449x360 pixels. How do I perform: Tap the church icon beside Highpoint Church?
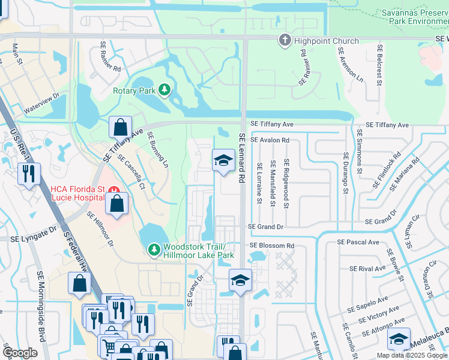pyautogui.click(x=285, y=41)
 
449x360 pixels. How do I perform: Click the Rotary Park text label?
pyautogui.click(x=134, y=91)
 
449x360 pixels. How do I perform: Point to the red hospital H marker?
pyautogui.click(x=114, y=191)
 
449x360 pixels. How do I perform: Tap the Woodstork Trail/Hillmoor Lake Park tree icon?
pyautogui.click(x=154, y=248)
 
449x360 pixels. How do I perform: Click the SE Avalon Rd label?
pyautogui.click(x=270, y=140)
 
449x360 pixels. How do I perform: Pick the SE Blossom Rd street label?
pyautogui.click(x=271, y=246)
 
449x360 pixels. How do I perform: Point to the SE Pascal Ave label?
pyautogui.click(x=358, y=242)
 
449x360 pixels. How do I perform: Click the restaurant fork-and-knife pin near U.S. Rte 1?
pyautogui.click(x=29, y=174)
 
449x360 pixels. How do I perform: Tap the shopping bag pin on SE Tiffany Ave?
pyautogui.click(x=120, y=128)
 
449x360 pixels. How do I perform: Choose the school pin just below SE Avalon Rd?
pyautogui.click(x=223, y=160)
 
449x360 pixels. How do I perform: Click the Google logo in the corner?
pyautogui.click(x=20, y=353)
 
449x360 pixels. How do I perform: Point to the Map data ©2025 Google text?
pyautogui.click(x=411, y=355)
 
